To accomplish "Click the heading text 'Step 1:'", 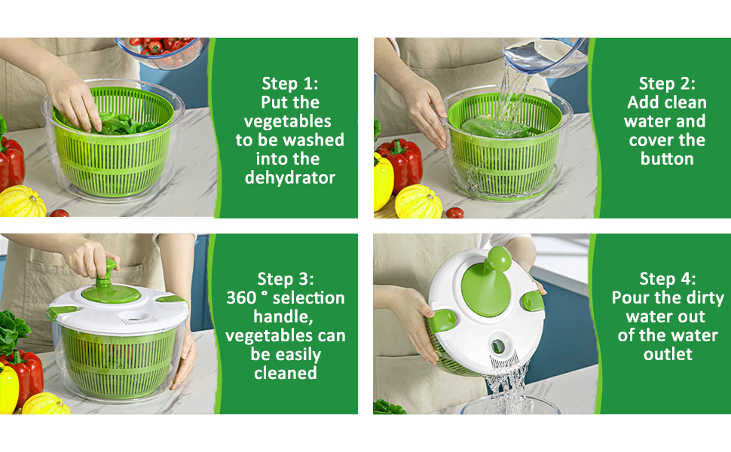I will (x=291, y=83).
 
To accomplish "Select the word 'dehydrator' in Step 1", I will (x=291, y=178).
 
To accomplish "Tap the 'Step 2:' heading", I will (x=667, y=83).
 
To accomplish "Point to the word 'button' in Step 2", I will (x=667, y=159).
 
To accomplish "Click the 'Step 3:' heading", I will (x=286, y=279).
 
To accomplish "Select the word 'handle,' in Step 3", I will (x=286, y=316).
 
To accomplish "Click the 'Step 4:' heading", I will (x=667, y=279).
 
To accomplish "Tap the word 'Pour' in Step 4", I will (x=630, y=298).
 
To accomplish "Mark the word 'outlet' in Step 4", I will (x=667, y=354).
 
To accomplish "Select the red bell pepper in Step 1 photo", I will (x=11, y=162).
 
